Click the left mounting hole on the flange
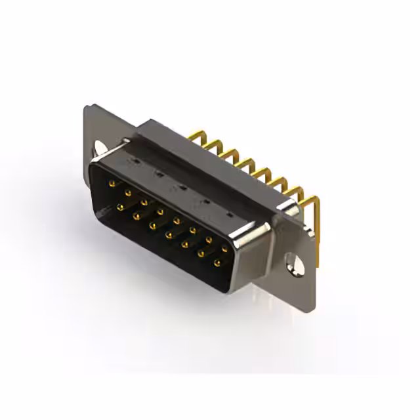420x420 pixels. coord(100,148)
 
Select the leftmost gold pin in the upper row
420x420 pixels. coord(112,182)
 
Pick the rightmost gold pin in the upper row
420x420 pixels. coord(225,249)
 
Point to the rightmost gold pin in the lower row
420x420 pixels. coord(217,263)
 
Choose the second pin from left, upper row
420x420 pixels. coord(128,192)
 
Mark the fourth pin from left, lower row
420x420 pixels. coord(169,234)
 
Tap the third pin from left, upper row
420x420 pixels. coord(144,201)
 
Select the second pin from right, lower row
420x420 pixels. coord(201,254)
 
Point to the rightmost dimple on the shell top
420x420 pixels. coord(229,214)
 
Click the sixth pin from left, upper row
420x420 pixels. coord(193,230)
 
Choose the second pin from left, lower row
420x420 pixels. coord(136,215)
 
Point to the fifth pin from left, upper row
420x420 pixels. coord(177,220)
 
